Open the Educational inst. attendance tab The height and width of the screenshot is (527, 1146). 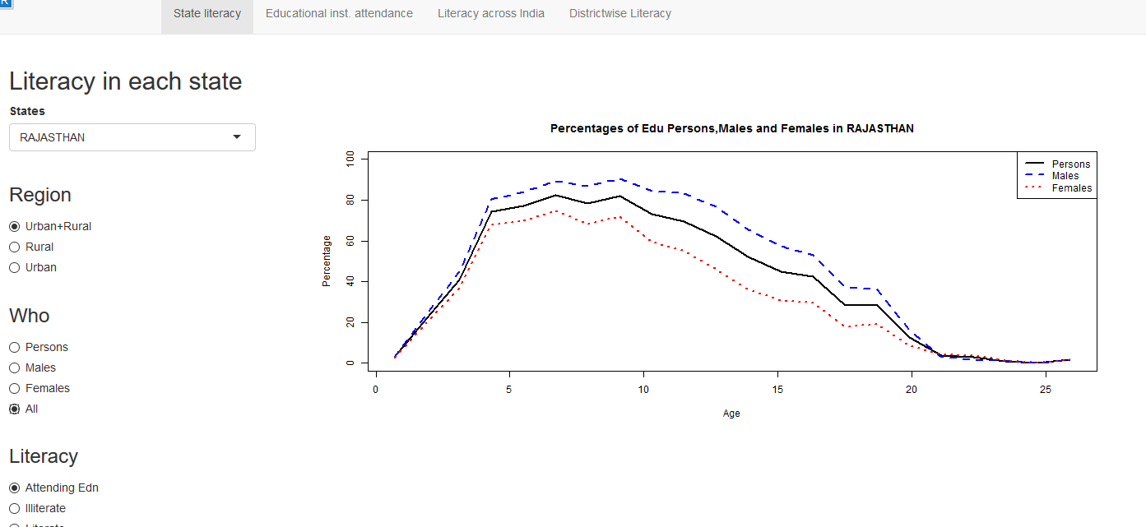pyautogui.click(x=339, y=13)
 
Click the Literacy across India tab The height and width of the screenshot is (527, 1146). pyautogui.click(x=490, y=13)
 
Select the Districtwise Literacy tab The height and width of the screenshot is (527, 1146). pyautogui.click(x=619, y=13)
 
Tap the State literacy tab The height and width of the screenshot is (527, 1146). pyautogui.click(x=207, y=13)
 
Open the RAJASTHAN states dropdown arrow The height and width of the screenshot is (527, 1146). pyautogui.click(x=237, y=137)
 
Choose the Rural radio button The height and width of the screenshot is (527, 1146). pyautogui.click(x=15, y=247)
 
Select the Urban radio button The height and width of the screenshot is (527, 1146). pyautogui.click(x=15, y=267)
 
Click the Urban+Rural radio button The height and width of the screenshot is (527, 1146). pyautogui.click(x=15, y=226)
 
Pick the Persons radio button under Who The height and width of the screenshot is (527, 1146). pyautogui.click(x=15, y=347)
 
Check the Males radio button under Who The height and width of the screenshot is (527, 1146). pyautogui.click(x=15, y=368)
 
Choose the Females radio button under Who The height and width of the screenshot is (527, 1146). pyautogui.click(x=15, y=388)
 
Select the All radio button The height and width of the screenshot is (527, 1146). pyautogui.click(x=15, y=409)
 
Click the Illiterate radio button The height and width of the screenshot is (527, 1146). pyautogui.click(x=15, y=508)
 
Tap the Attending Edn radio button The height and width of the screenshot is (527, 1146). pyautogui.click(x=15, y=488)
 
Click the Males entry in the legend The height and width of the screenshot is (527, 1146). pyautogui.click(x=1065, y=176)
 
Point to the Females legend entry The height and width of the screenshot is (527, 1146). pyautogui.click(x=1071, y=188)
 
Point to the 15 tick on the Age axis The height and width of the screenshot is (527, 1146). pyautogui.click(x=777, y=389)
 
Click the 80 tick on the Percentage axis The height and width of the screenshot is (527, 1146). pyautogui.click(x=350, y=200)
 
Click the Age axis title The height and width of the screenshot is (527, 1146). pyautogui.click(x=731, y=414)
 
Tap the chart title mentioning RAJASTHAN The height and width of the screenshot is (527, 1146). pyautogui.click(x=731, y=128)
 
